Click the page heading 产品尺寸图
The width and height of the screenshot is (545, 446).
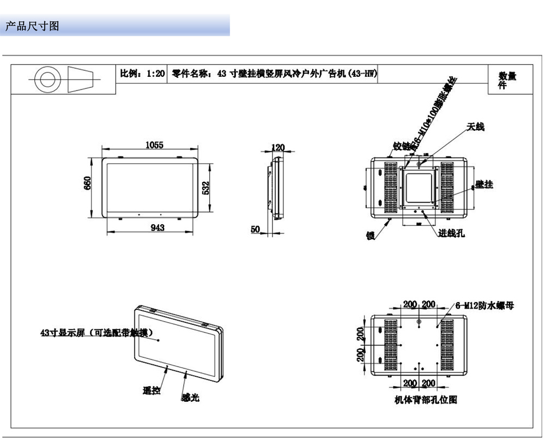coord(32,26)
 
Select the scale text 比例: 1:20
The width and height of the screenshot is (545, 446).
coord(142,74)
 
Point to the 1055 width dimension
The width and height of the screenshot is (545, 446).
coord(154,145)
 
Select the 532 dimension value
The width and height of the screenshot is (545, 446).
coord(206,188)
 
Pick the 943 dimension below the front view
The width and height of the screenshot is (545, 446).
coord(158,228)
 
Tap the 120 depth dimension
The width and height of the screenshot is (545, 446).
coord(278,147)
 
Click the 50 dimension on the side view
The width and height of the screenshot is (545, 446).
coord(255,230)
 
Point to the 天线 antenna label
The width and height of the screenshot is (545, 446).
coord(475,127)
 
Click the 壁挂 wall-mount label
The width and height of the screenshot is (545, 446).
coord(484,185)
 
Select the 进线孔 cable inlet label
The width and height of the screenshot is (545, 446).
coord(452,233)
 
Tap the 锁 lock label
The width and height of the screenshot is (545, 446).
coord(370,236)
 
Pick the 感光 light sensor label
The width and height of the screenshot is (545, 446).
coord(191,399)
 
